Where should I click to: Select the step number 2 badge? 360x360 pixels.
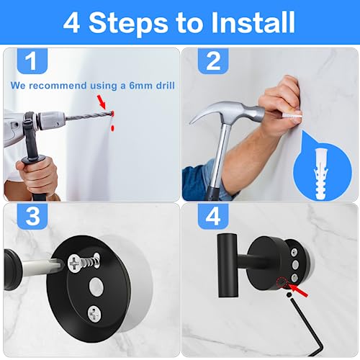pyautogui.click(x=213, y=63)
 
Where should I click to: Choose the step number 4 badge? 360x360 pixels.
pyautogui.click(x=213, y=216)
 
